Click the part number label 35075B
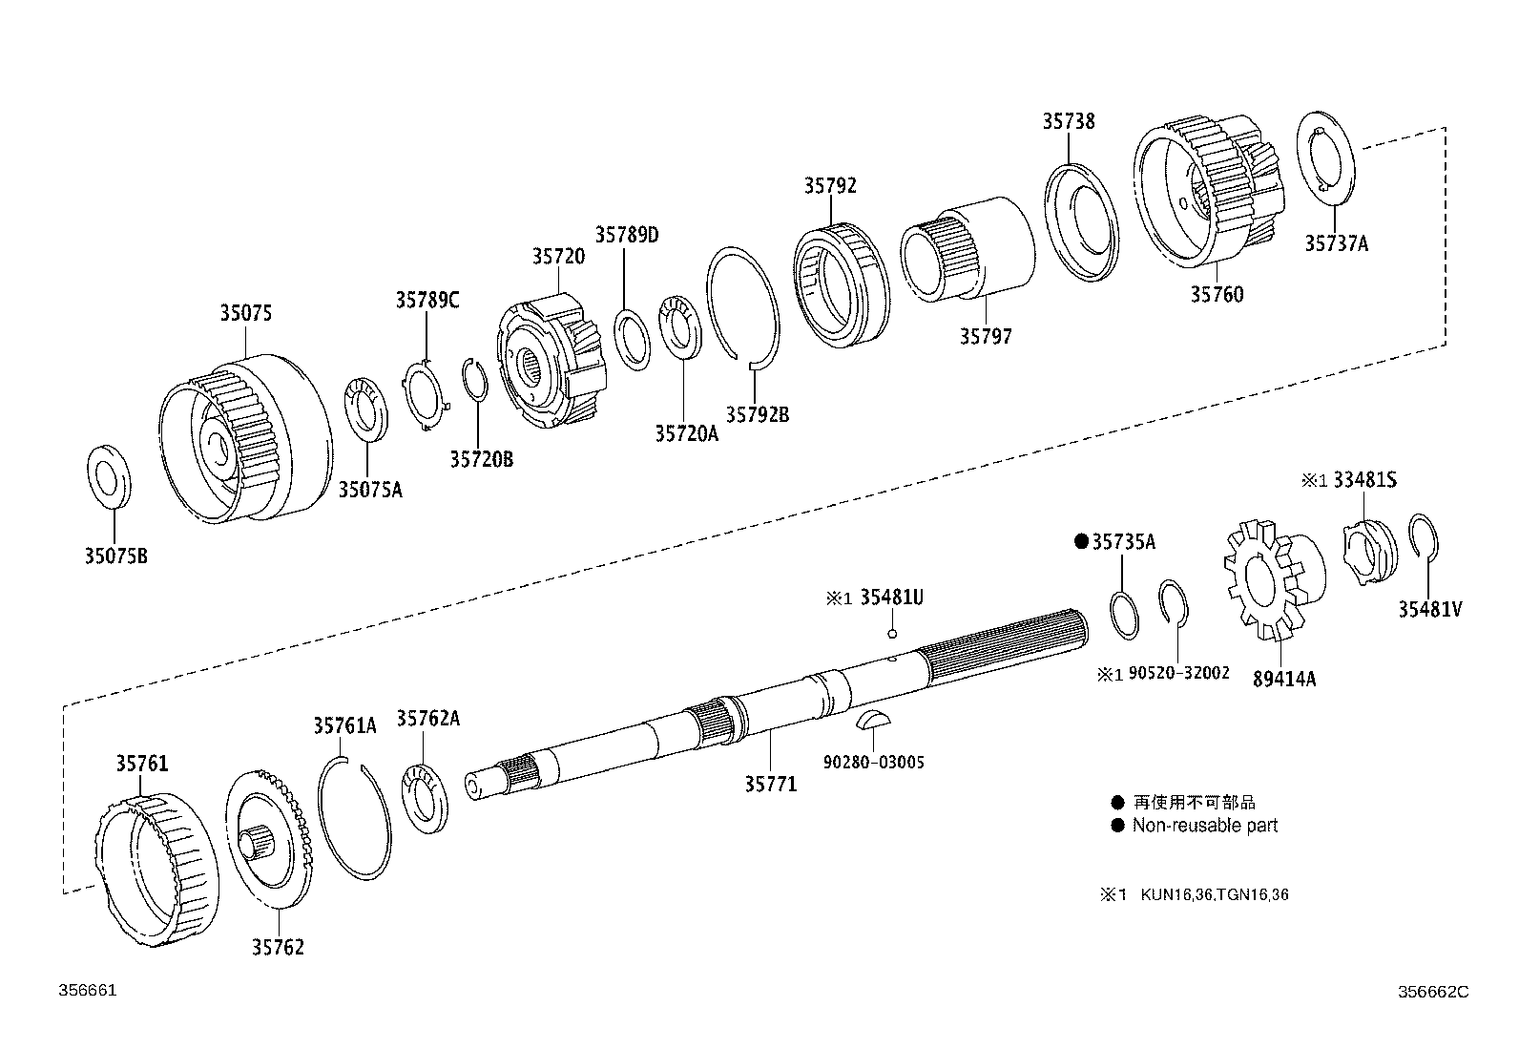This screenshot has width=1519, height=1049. (115, 556)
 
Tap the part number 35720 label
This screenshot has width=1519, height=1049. (558, 256)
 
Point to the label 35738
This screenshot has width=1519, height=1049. (1068, 121)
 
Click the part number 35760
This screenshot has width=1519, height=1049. (1217, 295)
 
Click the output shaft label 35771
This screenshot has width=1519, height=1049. (770, 784)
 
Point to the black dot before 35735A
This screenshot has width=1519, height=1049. (1081, 541)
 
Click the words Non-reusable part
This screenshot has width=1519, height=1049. (1204, 826)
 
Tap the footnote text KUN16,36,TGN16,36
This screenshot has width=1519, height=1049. (1214, 894)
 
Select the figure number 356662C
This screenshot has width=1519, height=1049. (1433, 992)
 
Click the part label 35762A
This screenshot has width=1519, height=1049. (427, 719)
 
